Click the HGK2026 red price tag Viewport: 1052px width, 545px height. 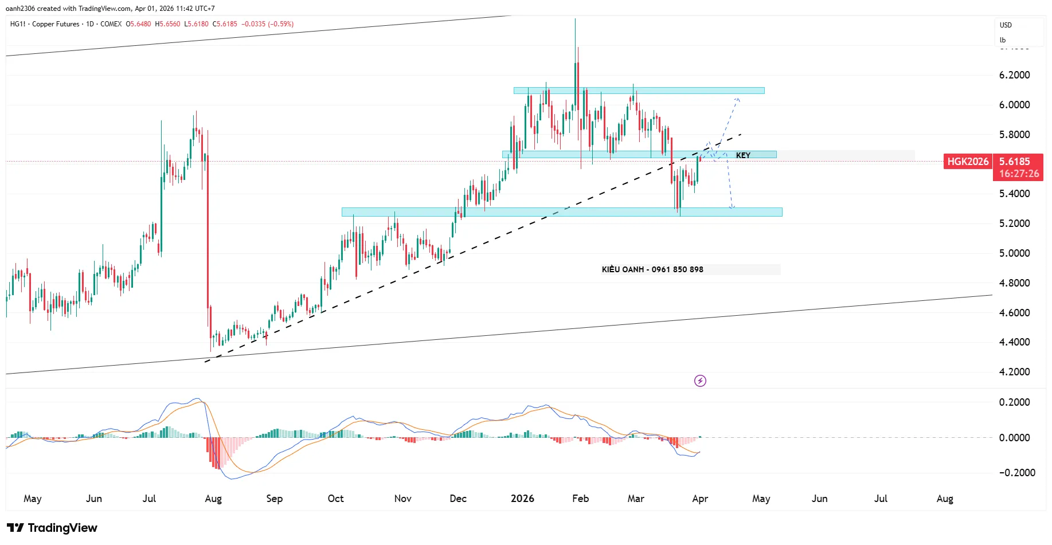point(968,162)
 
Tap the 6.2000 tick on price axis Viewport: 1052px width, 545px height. point(1014,75)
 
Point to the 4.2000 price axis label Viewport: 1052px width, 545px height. point(1014,372)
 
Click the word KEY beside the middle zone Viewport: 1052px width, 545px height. point(743,155)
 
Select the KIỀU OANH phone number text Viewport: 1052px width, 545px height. point(652,269)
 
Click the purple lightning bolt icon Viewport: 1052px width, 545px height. point(700,381)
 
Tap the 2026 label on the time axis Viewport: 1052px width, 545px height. point(522,499)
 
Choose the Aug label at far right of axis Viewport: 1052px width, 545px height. point(945,499)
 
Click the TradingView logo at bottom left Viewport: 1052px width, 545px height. point(52,528)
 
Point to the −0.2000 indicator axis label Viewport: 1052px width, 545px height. point(1016,473)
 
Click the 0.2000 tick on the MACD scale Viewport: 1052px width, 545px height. point(1014,402)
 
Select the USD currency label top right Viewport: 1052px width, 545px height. point(1006,25)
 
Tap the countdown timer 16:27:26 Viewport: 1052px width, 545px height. point(1019,174)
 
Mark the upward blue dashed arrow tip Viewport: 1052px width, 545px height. point(737,99)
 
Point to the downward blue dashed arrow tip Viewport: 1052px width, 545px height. point(732,207)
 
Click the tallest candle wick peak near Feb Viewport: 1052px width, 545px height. point(575,19)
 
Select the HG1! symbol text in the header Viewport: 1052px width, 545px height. point(18,24)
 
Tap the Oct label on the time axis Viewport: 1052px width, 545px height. point(335,499)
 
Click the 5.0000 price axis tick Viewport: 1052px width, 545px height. point(1014,253)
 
